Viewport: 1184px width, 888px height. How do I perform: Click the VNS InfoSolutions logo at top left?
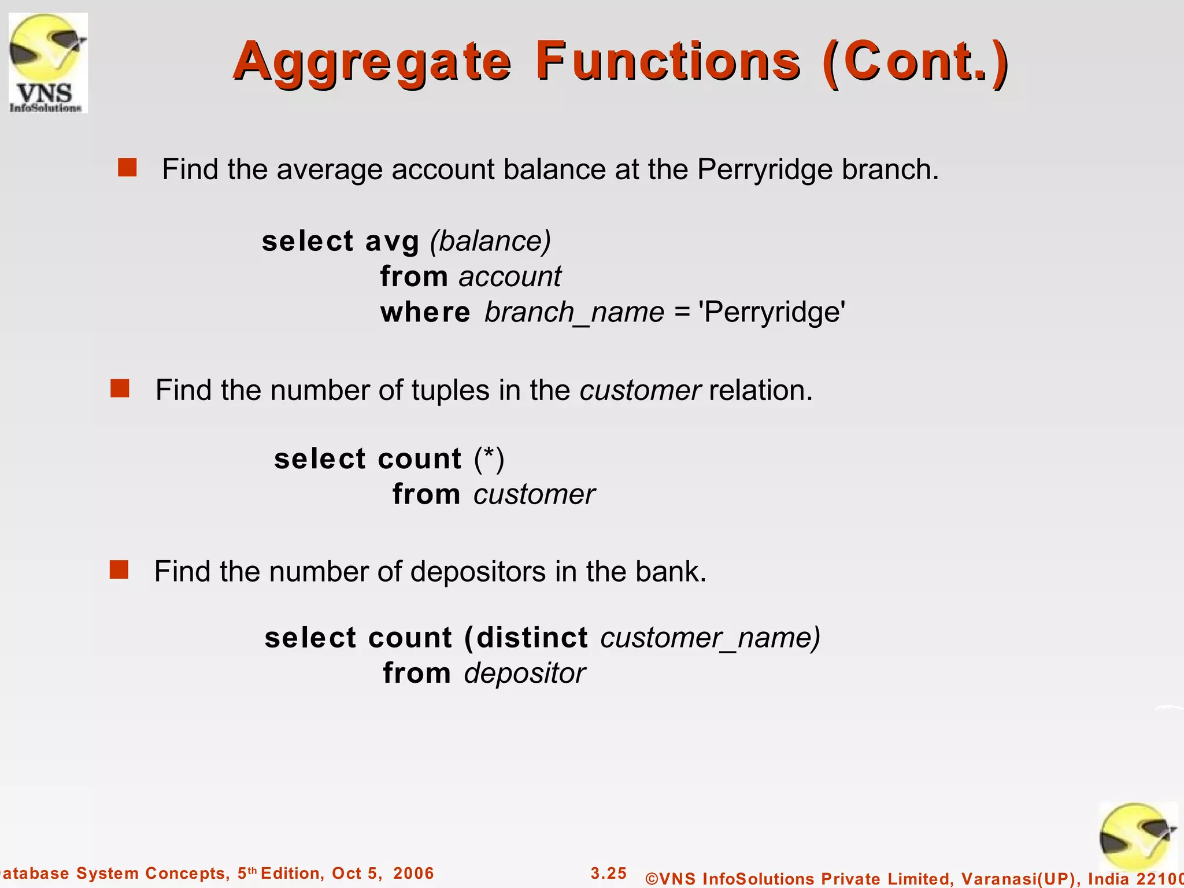48,63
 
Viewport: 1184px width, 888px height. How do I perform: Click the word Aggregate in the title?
372,62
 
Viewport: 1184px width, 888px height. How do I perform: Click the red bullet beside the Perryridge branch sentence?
127,168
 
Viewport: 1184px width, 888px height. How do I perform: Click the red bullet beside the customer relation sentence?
120,388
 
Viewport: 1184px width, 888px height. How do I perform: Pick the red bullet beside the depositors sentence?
119,570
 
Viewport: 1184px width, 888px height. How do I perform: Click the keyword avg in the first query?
392,241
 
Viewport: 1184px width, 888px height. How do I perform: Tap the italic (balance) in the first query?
490,241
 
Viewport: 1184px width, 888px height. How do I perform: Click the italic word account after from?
510,276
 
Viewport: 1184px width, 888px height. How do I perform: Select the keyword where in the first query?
425,312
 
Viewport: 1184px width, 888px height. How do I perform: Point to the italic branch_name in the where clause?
574,312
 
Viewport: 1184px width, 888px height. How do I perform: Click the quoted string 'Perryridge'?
772,312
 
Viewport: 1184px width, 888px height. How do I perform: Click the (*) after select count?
489,459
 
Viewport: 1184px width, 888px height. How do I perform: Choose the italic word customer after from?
534,494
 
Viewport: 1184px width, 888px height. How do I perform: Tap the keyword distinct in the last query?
532,638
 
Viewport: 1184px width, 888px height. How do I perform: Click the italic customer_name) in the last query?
711,638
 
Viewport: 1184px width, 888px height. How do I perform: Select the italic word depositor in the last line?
524,674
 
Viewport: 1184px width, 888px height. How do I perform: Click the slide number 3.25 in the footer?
608,873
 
